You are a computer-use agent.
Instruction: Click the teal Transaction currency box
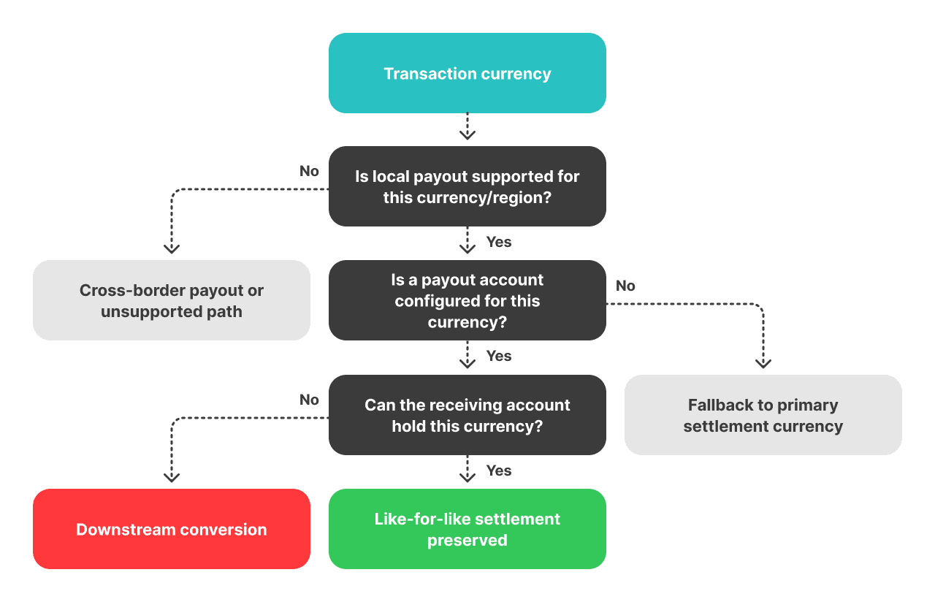467,73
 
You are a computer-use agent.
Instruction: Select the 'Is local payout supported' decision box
467,186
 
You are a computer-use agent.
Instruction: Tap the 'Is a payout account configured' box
467,300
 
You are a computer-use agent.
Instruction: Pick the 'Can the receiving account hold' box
467,415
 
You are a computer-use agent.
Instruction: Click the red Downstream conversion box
172,529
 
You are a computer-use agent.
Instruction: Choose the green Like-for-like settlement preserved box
467,529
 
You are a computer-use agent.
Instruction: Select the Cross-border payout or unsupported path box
172,300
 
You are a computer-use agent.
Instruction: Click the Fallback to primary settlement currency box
763,415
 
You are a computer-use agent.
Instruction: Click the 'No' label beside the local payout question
309,171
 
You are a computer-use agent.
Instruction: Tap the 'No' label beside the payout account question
625,286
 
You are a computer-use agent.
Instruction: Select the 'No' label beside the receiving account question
309,400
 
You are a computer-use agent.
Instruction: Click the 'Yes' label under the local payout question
499,242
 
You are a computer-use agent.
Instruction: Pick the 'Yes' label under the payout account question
499,356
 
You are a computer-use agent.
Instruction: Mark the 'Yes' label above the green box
499,470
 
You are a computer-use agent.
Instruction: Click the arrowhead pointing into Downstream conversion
172,477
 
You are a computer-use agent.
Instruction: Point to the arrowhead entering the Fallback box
763,362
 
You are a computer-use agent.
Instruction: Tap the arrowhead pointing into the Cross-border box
172,248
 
